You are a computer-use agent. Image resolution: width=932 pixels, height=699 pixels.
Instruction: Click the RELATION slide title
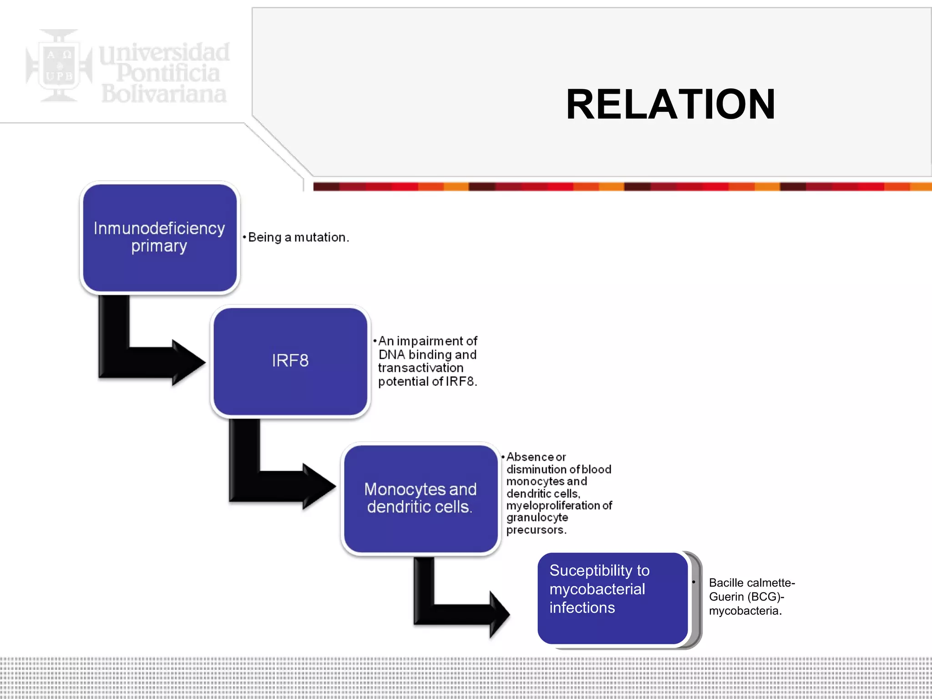670,105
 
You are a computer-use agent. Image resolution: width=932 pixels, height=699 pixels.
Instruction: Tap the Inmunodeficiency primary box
159,238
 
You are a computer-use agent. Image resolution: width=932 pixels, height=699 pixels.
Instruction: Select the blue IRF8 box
290,361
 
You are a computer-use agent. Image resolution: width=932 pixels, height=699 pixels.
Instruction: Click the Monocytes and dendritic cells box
420,498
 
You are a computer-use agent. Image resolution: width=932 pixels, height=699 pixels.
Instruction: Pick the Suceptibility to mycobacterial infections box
612,598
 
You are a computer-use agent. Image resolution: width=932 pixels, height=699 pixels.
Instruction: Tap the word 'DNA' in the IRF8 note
391,355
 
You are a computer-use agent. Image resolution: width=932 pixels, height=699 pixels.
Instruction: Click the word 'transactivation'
420,368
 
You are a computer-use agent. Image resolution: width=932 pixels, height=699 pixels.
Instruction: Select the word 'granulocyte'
537,518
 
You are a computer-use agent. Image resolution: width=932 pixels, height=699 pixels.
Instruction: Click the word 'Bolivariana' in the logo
164,94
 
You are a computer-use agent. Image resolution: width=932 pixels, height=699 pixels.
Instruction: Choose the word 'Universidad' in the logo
165,53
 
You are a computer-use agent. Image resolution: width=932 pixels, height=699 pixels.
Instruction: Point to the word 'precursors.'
536,530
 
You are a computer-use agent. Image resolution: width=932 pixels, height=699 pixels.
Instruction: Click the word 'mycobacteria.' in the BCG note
745,611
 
